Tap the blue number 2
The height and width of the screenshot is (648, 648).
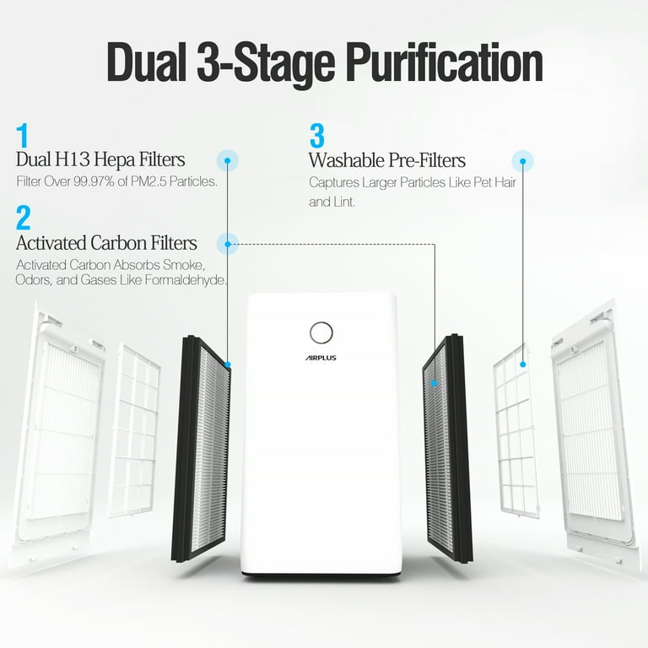[x=24, y=218]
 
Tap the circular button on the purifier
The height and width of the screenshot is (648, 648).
[x=321, y=332]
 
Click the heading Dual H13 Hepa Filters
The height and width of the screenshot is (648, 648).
[x=100, y=159]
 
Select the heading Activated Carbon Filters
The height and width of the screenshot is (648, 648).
[x=106, y=243]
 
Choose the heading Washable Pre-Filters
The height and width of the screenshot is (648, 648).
[x=387, y=159]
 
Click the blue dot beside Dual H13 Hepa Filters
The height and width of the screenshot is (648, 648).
[x=228, y=160]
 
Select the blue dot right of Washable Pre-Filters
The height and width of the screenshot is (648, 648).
[x=523, y=160]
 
